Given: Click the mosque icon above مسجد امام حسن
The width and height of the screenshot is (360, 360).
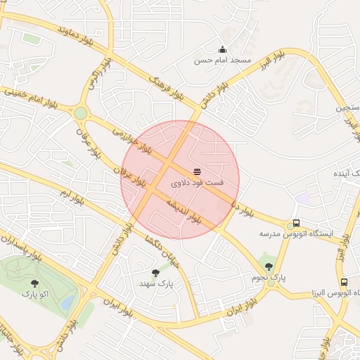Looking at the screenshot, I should (223, 49).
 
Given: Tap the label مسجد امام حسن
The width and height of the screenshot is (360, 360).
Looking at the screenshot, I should (223, 60).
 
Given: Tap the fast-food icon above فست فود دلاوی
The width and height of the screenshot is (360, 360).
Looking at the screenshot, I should (197, 172).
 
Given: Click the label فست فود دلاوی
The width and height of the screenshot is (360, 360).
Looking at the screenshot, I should (197, 182).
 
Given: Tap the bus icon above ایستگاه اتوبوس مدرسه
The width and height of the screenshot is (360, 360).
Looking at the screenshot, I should (296, 223).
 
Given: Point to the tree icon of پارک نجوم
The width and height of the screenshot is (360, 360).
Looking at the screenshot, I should (269, 266).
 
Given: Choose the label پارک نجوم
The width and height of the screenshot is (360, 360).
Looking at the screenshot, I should (269, 277).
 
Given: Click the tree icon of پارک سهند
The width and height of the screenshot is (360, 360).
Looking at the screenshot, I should (155, 273).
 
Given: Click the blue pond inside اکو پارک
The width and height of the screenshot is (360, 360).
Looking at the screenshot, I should (68, 301).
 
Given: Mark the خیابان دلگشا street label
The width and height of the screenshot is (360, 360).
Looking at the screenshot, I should (163, 252).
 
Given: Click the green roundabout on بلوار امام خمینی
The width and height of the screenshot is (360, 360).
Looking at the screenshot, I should (81, 112).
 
